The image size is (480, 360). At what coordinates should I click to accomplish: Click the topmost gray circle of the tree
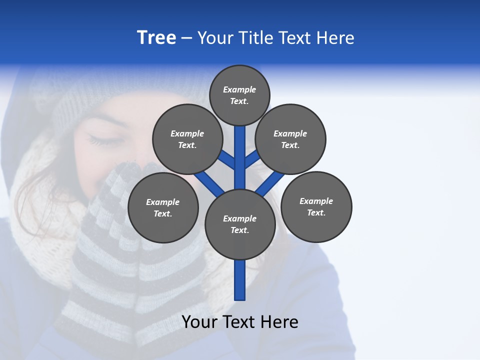click(x=239, y=95)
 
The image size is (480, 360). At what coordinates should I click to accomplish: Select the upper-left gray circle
click(x=187, y=139)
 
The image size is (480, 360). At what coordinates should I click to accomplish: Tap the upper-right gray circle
click(x=290, y=139)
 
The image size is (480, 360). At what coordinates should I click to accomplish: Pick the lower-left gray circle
click(x=163, y=207)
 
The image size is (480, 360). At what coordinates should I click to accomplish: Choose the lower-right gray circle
click(x=316, y=206)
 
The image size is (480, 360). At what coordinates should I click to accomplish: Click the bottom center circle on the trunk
click(x=239, y=224)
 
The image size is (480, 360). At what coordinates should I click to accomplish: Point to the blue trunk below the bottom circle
click(x=239, y=280)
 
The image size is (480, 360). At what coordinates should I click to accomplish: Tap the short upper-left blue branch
click(x=226, y=159)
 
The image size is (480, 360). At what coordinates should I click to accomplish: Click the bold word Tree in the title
click(x=156, y=37)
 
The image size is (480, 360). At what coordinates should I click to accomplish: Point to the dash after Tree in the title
click(x=186, y=38)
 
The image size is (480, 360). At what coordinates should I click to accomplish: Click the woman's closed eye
click(x=102, y=140)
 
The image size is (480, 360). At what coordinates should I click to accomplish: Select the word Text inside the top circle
click(x=238, y=101)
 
